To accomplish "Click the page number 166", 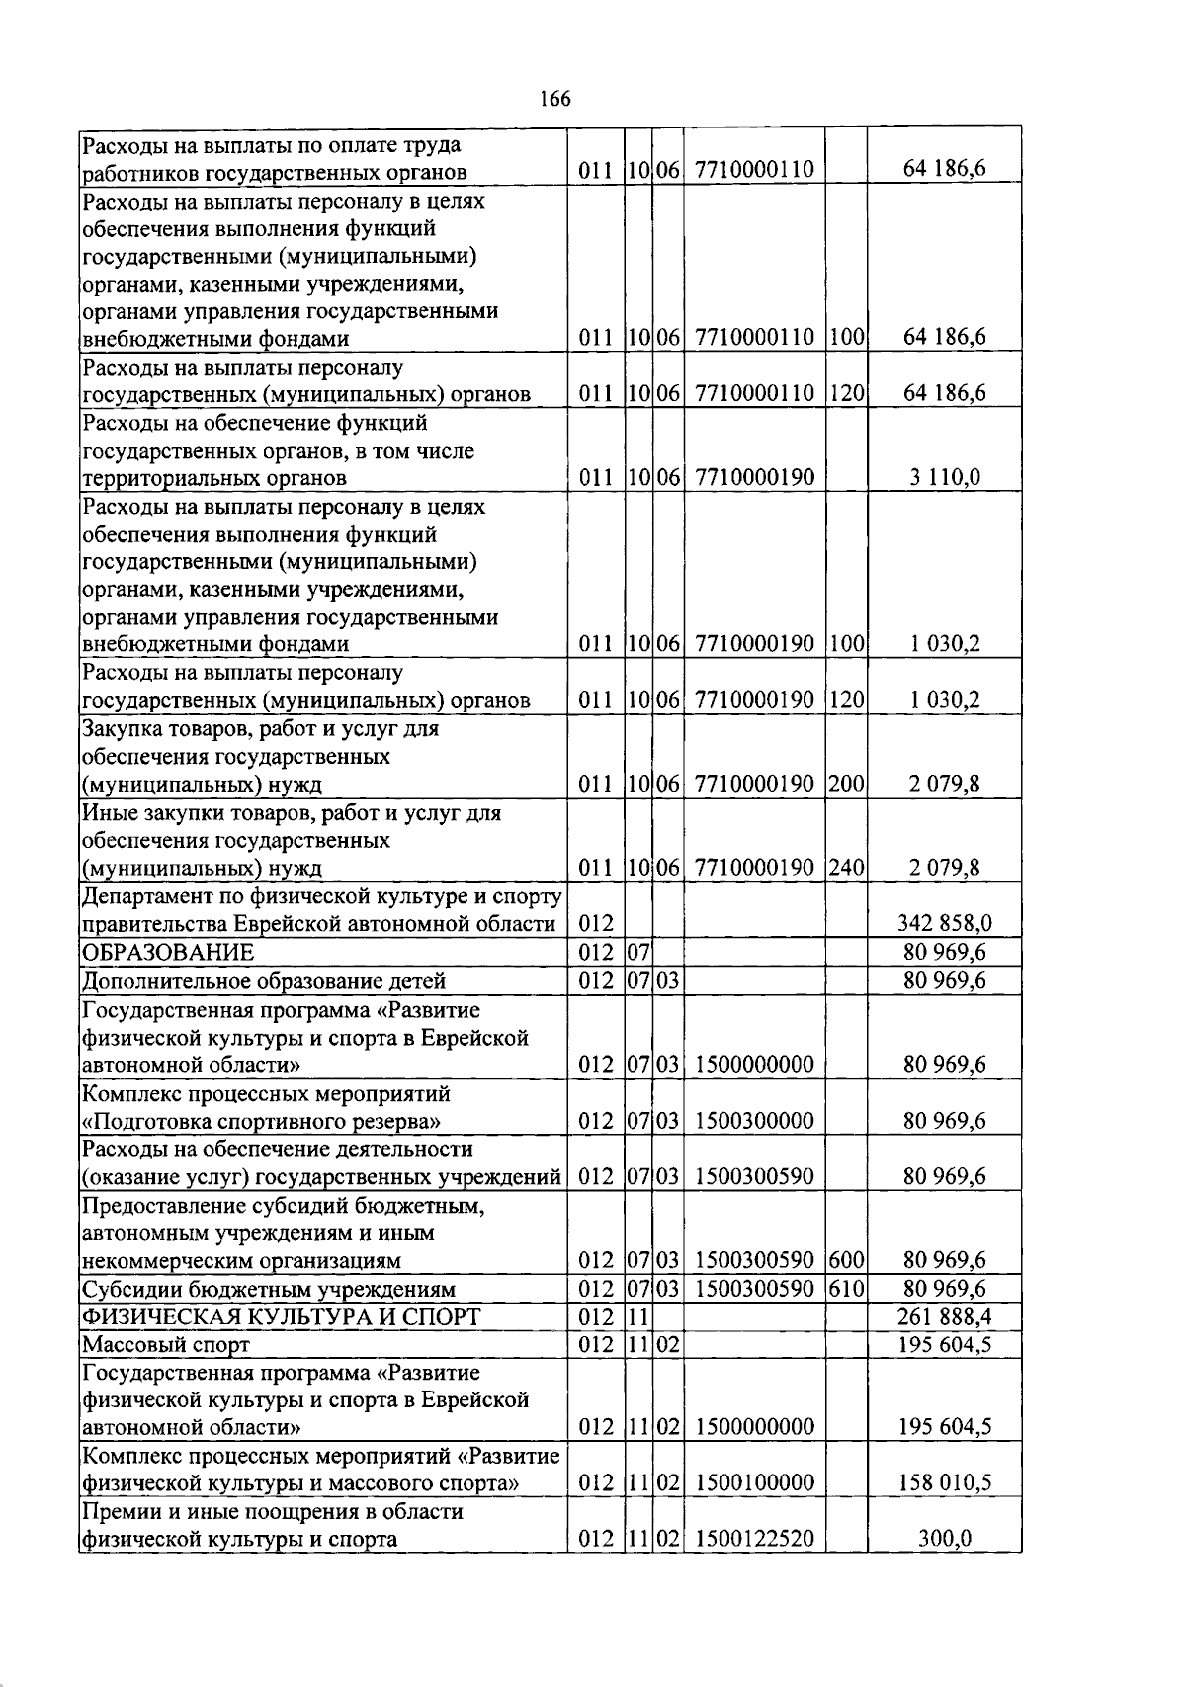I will coord(555,99).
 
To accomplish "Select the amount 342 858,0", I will coord(944,924).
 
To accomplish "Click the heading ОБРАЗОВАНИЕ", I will coord(168,953).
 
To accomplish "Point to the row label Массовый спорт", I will coord(166,1345).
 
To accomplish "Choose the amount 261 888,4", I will coord(944,1317).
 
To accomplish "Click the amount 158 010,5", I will coord(944,1483).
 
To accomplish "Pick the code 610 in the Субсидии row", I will coord(846,1289).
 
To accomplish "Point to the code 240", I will coord(846,868).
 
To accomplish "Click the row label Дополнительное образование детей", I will coord(264,981).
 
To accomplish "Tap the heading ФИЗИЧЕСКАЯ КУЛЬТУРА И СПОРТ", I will coord(281,1317).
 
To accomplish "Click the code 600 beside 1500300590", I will coord(846,1260).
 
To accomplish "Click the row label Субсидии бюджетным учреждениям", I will coord(268,1289).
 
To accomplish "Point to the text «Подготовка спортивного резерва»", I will coord(261,1121).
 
